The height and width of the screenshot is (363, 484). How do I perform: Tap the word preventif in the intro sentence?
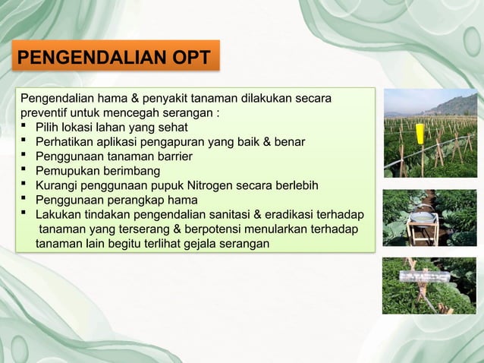(46, 113)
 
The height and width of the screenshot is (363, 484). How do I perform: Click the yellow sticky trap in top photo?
(420, 132)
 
